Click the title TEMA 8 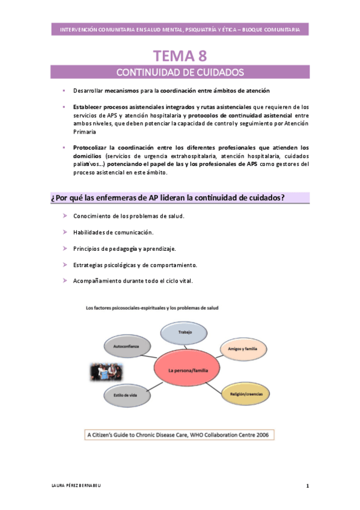[x=180, y=56]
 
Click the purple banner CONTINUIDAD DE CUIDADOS [x=180, y=73]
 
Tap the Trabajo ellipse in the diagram [x=185, y=332]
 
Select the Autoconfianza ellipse [x=125, y=347]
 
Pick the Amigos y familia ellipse [x=243, y=348]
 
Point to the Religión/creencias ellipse [x=244, y=394]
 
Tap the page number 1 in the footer [x=307, y=485]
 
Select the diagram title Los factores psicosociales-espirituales [x=152, y=307]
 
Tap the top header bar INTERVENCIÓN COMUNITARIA [x=180, y=29]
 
